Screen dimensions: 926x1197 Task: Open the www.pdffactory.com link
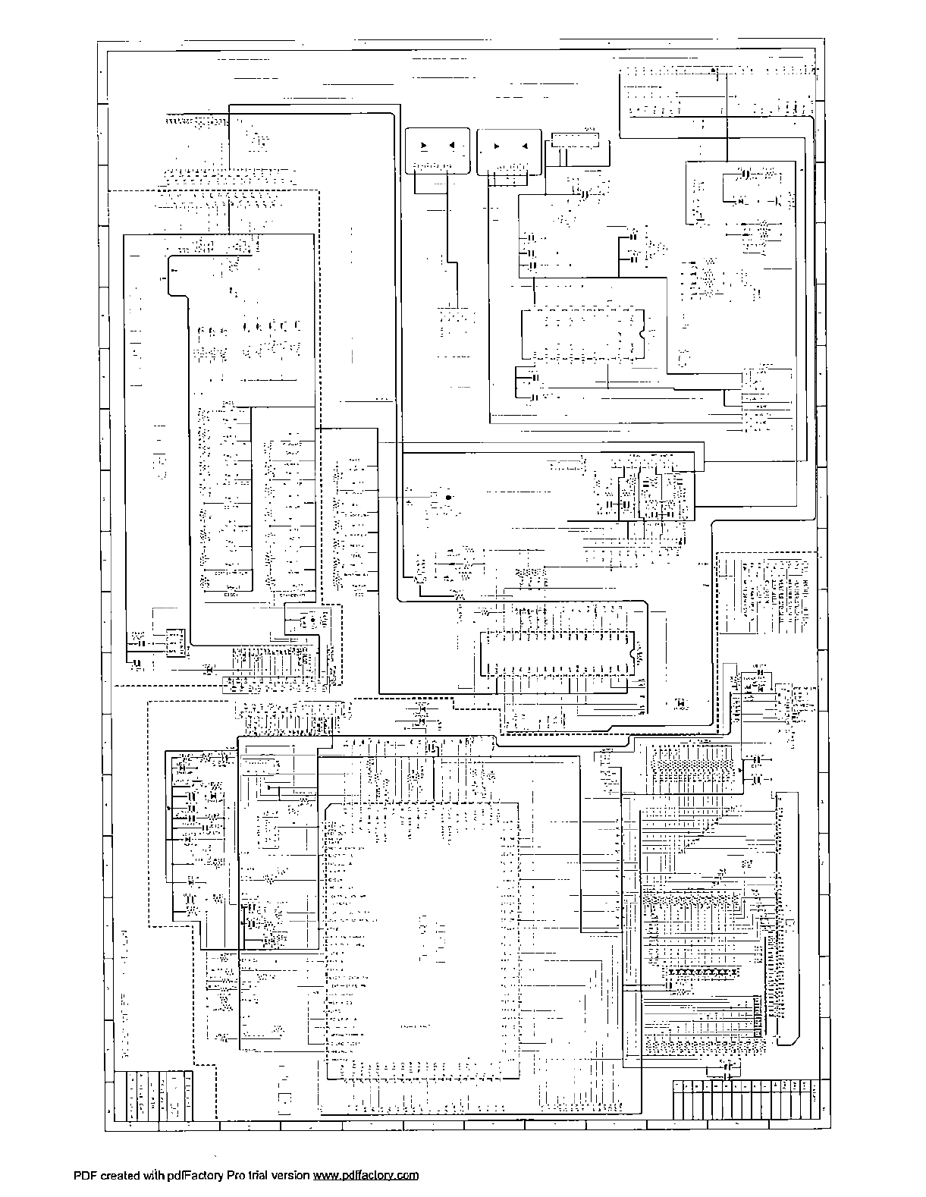click(366, 1176)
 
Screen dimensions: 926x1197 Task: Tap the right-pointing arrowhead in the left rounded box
click(423, 145)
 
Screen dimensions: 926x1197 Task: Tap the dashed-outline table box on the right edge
click(767, 593)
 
